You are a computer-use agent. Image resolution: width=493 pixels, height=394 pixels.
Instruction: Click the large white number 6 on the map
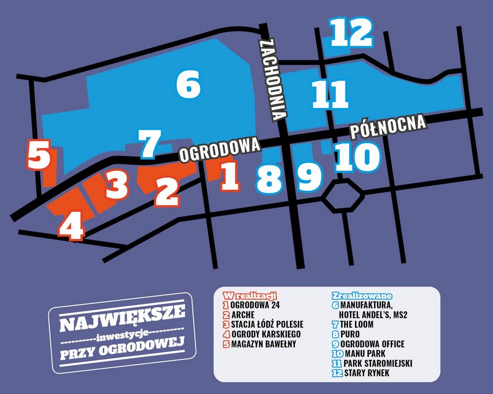(188, 85)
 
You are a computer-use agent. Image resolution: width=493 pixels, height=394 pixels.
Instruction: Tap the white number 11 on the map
(330, 94)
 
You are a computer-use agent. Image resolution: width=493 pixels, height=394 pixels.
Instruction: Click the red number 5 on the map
(38, 154)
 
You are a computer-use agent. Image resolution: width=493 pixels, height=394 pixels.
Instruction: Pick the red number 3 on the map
(117, 185)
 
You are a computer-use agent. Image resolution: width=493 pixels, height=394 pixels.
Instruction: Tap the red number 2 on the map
(167, 191)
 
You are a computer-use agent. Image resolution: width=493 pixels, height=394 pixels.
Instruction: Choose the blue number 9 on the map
(310, 177)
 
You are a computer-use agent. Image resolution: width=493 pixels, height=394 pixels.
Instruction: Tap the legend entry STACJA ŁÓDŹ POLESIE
(267, 324)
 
